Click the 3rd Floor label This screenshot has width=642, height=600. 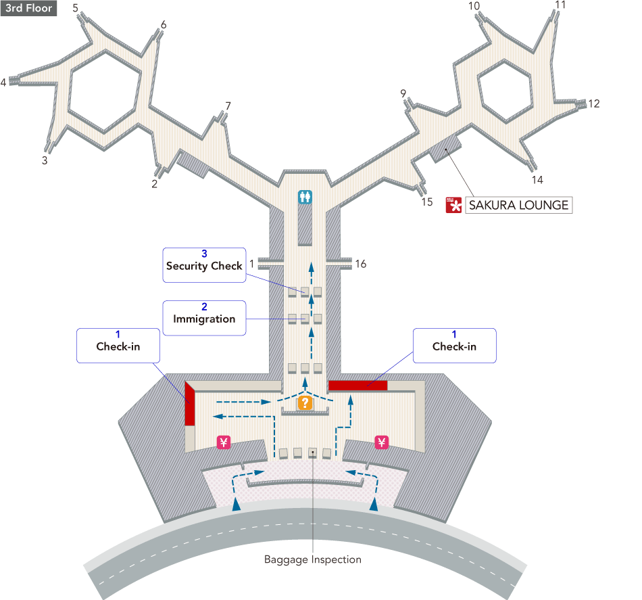coord(28,9)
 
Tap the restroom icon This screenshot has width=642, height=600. coord(305,197)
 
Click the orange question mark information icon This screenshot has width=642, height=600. coord(305,403)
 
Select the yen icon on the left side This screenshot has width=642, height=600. coord(224,442)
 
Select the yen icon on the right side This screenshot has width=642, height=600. coord(382,443)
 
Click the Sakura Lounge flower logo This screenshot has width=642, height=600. coord(453,205)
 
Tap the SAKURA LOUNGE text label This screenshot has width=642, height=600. coord(518,205)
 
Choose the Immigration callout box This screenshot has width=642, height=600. coord(204,317)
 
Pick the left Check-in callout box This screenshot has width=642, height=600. coord(118,346)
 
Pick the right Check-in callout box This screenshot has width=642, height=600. coord(454,346)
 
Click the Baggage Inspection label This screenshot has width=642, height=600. coord(312,559)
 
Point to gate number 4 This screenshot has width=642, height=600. coord(3,83)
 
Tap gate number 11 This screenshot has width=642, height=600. coord(560,5)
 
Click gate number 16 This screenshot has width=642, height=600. coord(361,264)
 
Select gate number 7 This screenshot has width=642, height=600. coord(228,106)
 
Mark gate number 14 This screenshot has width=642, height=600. coord(537,180)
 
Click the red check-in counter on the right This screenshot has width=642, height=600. coord(357,386)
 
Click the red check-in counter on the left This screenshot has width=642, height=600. coord(191,405)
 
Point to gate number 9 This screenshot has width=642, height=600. coord(403,93)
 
